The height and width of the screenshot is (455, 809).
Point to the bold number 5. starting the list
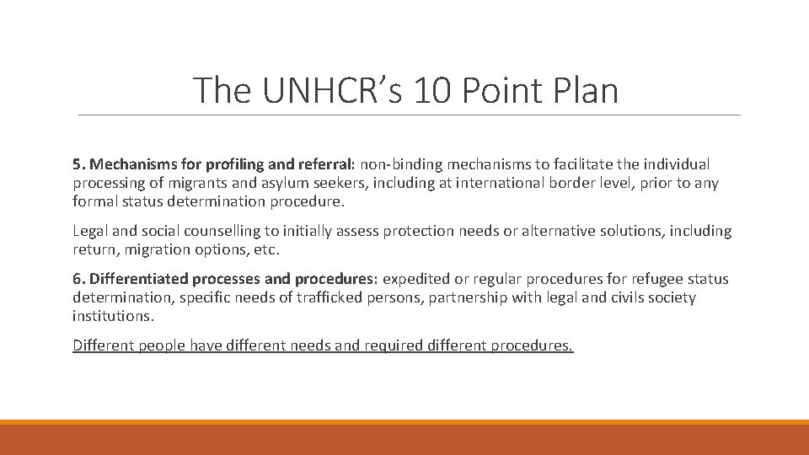tap(78, 164)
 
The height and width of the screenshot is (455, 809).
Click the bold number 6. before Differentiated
tap(78, 279)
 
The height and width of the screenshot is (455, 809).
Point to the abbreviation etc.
tap(263, 249)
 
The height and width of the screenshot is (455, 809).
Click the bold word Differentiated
tap(139, 279)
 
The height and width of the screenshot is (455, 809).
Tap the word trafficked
tap(328, 297)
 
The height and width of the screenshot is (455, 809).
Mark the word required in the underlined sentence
tap(394, 345)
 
